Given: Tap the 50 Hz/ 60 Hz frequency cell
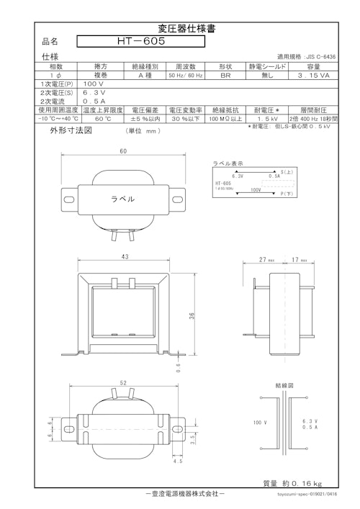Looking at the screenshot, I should click(186, 75).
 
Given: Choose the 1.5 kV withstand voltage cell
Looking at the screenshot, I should click(267, 118).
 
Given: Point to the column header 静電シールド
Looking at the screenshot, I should click(267, 66).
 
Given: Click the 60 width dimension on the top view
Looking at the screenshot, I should click(123, 152).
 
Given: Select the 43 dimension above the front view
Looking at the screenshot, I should click(125, 257).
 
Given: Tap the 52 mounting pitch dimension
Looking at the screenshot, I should click(124, 384).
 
